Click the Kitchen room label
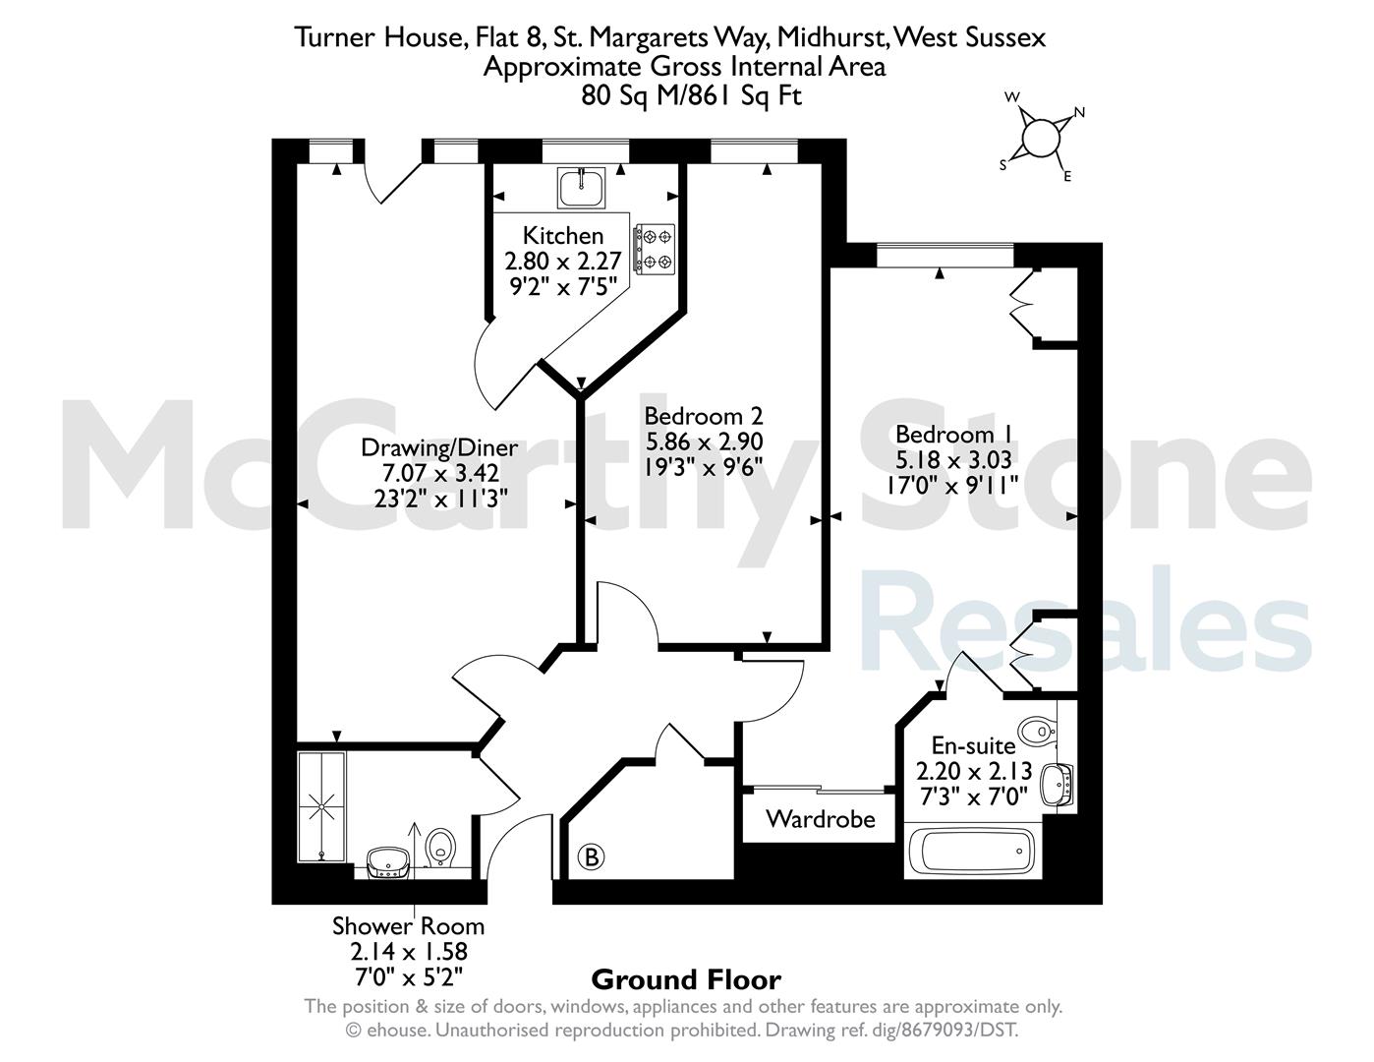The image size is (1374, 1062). coord(563,236)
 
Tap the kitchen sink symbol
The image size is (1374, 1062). coord(581,187)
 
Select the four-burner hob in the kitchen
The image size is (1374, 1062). coord(656,249)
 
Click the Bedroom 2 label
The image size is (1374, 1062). coord(703,416)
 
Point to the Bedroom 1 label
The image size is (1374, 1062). coord(954,435)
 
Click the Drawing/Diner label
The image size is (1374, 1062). coord(438,447)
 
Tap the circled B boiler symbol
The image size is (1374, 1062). coord(592,857)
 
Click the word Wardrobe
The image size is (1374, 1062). coord(820,819)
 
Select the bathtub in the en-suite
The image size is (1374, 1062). coord(975,851)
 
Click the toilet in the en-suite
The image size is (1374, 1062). coord(1038,731)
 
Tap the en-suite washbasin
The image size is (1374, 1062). coord(1057,785)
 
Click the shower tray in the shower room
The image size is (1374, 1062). coord(321,806)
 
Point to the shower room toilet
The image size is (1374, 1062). coord(440,849)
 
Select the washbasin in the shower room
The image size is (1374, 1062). coord(388,862)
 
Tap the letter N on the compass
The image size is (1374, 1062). coord(1079,112)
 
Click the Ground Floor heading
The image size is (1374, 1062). coord(686,979)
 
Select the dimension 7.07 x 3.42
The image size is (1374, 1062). coord(440,473)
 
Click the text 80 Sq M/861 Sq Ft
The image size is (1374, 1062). coord(691,95)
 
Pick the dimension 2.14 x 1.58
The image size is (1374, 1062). coord(409,951)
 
